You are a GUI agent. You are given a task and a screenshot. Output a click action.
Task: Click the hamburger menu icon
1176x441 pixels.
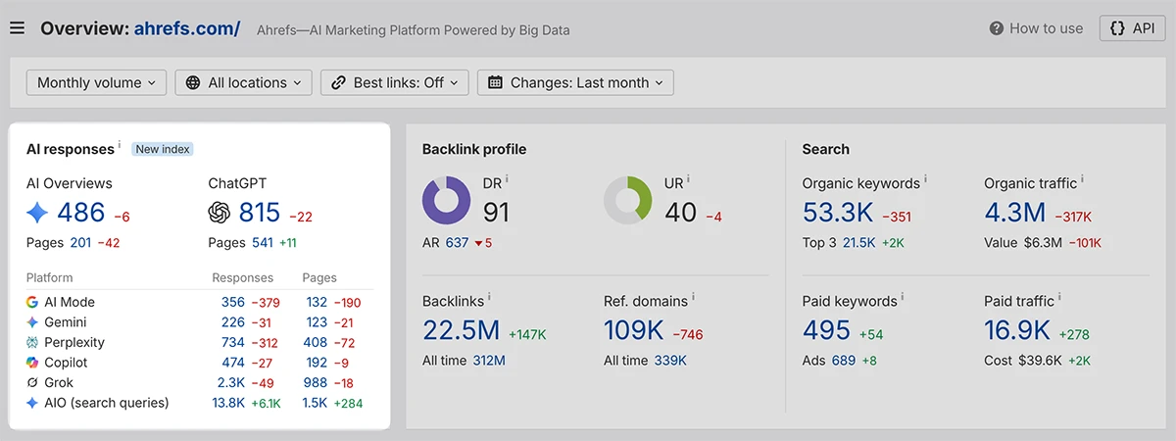17,27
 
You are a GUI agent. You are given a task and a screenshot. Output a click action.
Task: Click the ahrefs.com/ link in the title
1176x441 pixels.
187,28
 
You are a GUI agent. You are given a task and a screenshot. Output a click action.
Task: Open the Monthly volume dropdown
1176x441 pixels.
97,82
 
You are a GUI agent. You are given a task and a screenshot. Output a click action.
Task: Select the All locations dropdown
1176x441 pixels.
244,82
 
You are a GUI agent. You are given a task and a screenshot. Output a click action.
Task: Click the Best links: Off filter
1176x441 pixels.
395,82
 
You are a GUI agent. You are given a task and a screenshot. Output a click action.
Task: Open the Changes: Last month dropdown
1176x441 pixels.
575,82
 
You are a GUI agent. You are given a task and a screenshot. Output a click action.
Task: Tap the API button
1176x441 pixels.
1133,28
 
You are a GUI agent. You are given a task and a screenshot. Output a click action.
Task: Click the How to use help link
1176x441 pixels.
1036,28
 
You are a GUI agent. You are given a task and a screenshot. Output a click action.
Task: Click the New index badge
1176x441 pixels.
163,149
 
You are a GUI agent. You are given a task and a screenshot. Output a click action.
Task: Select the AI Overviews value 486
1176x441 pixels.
80,213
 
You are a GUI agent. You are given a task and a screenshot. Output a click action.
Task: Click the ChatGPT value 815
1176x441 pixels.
260,213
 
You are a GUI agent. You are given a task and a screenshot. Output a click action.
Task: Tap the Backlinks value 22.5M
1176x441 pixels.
462,330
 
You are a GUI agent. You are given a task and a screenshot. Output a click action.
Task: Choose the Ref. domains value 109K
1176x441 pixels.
634,330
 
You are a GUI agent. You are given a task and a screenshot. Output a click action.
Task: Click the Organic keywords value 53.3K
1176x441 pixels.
838,213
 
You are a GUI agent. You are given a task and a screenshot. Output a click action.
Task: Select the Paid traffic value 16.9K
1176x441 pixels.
1017,330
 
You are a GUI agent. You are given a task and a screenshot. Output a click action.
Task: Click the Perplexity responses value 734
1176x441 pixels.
233,342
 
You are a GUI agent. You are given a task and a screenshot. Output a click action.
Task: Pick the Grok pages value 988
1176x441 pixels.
315,383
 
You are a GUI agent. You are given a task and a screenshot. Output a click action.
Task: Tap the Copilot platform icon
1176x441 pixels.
32,363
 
